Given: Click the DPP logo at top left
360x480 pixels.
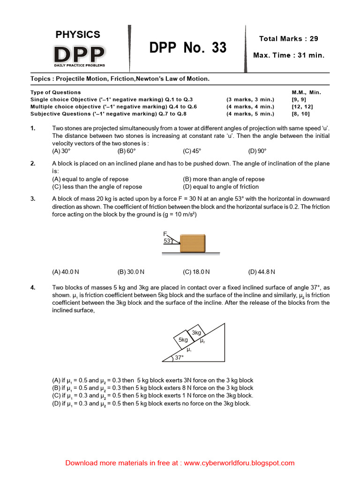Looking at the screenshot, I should (x=79, y=55).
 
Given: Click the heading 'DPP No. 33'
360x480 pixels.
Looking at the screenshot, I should (x=188, y=48).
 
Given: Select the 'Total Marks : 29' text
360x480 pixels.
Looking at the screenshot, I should (x=288, y=38).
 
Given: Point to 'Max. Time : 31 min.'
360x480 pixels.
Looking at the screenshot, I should (x=288, y=55).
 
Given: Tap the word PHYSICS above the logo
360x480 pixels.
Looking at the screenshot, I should (x=78, y=34).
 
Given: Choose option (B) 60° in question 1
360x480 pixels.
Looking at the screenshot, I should (x=127, y=151).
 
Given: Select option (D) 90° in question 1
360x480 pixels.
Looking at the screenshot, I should (x=257, y=151).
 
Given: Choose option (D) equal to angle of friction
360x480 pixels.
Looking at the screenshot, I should (x=223, y=187).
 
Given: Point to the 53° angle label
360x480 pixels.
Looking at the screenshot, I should (x=168, y=241).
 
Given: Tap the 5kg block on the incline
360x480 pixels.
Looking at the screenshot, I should (x=184, y=339).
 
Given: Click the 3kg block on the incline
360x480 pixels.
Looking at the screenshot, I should (x=196, y=332).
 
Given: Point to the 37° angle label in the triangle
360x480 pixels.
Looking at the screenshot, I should (x=179, y=358).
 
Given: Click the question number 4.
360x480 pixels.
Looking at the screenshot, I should (x=33, y=288).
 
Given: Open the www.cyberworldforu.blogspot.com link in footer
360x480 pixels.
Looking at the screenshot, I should (x=239, y=463).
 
